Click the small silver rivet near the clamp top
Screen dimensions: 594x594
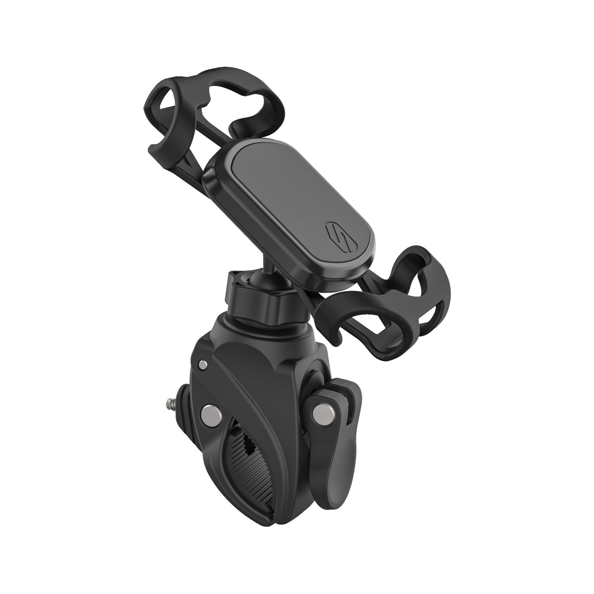point(201,365)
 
